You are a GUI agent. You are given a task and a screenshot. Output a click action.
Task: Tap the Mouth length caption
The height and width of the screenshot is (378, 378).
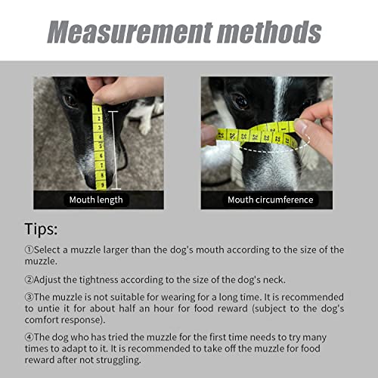96,200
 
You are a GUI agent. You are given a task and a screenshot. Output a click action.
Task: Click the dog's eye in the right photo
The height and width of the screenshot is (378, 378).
240,101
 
